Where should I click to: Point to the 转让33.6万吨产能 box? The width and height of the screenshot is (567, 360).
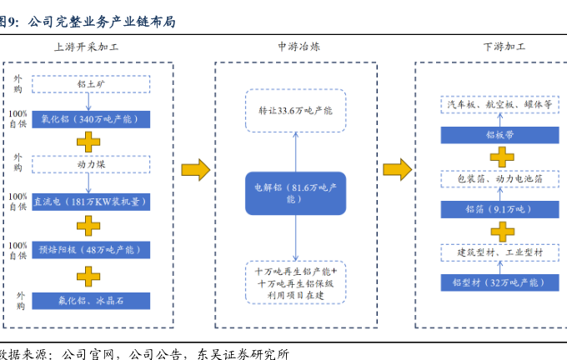(295, 110)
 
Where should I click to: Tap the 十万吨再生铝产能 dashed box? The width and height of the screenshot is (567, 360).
(295, 278)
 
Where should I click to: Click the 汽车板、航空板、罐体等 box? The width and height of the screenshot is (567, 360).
(499, 107)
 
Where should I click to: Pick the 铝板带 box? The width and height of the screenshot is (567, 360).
(499, 133)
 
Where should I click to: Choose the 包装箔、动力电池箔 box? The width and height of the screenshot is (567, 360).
(499, 179)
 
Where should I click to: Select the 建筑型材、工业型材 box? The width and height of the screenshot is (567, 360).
(499, 252)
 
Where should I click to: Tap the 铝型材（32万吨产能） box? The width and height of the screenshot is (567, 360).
(499, 282)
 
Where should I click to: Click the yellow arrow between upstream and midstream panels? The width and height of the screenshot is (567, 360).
(195, 170)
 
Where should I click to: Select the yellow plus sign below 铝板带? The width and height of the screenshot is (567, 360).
(499, 156)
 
